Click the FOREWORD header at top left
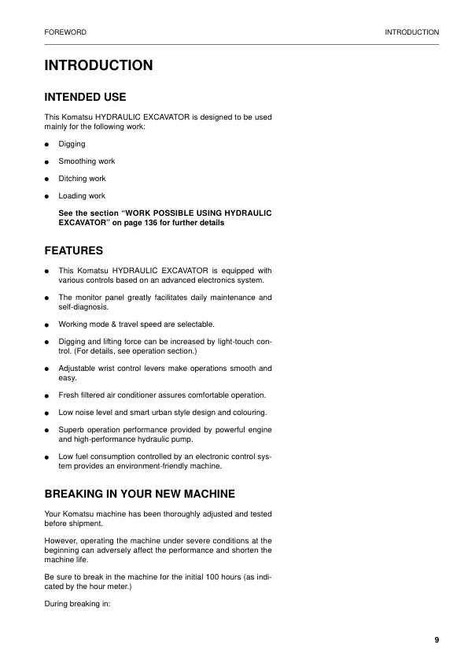pos(64,32)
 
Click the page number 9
pos(436,639)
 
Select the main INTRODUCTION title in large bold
pos(98,65)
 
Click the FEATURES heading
pos(74,251)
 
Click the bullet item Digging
pos(72,144)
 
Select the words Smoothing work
pos(87,161)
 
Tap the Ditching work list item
pos(82,179)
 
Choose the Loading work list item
pos(82,196)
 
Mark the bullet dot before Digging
pos(47,145)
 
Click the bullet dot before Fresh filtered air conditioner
pos(47,395)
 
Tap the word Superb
pos(71,430)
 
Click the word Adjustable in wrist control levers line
pos(76,368)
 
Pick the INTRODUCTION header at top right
pos(411,32)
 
